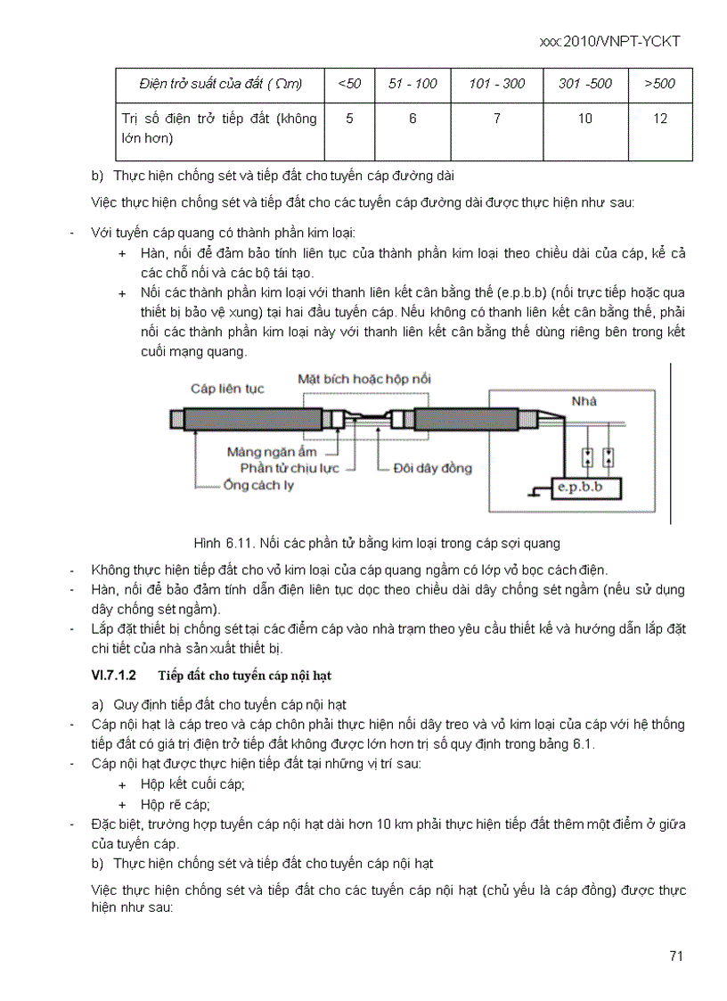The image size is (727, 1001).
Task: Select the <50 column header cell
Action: click(349, 84)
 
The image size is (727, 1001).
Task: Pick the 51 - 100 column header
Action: click(413, 84)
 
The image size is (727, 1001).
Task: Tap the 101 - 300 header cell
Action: click(496, 84)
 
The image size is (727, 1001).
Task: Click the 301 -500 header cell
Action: click(584, 84)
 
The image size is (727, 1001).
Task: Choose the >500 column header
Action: click(659, 84)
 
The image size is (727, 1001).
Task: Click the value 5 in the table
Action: click(349, 119)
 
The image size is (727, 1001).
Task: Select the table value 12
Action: click(659, 119)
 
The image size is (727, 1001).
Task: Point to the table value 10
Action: click(584, 119)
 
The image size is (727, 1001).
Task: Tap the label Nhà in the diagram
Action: click(584, 401)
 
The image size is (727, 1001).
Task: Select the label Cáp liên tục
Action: click(227, 389)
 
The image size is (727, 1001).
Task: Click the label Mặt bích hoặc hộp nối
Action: click(364, 379)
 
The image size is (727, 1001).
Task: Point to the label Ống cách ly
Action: click(258, 486)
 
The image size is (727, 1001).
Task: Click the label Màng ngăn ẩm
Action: click(272, 452)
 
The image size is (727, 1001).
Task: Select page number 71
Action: click(675, 956)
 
